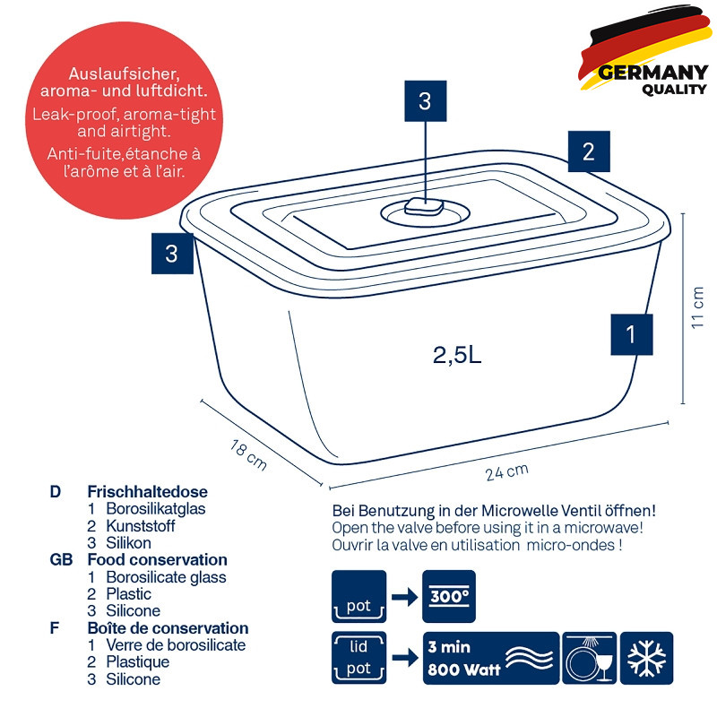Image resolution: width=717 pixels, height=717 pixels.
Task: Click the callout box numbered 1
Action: click(x=632, y=334)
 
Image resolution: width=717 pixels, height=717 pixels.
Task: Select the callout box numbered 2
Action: click(x=589, y=151)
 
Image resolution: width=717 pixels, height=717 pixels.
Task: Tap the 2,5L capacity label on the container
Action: click(x=457, y=354)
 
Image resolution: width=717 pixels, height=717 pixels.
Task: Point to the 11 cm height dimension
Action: click(x=697, y=307)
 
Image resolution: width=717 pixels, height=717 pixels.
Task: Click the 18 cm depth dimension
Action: click(x=248, y=454)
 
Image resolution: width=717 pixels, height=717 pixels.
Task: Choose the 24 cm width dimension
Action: click(x=506, y=471)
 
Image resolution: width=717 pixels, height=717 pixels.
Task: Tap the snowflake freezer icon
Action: click(x=646, y=658)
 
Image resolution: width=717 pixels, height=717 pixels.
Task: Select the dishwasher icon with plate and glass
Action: click(x=590, y=658)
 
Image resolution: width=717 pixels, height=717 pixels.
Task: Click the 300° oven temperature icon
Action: click(x=449, y=596)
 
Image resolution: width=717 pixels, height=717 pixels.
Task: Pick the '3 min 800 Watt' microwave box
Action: click(x=491, y=658)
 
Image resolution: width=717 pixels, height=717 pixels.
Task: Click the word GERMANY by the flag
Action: click(x=653, y=73)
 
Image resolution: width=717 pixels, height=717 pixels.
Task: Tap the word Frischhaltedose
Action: click(x=147, y=491)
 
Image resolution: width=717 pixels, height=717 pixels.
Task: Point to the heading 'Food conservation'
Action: click(x=158, y=559)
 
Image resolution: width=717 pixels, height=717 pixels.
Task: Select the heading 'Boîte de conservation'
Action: click(x=168, y=628)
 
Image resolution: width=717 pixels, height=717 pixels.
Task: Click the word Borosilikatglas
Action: click(x=155, y=508)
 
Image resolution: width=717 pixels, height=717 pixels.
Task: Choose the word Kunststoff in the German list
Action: click(x=141, y=526)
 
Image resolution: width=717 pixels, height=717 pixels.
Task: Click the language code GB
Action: click(x=61, y=559)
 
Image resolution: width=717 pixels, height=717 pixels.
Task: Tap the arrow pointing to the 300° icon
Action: click(x=405, y=597)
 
